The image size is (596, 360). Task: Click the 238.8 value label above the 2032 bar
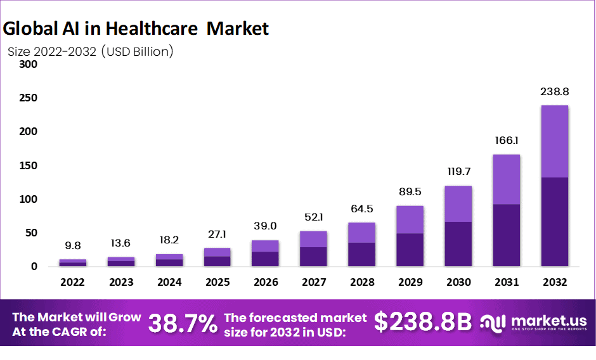tap(554, 92)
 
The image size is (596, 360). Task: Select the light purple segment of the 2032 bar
tap(554, 141)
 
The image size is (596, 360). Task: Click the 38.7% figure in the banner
tap(183, 323)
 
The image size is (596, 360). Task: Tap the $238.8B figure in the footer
tap(423, 322)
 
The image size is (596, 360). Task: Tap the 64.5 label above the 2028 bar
tap(361, 209)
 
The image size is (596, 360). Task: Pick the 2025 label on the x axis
tap(217, 281)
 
